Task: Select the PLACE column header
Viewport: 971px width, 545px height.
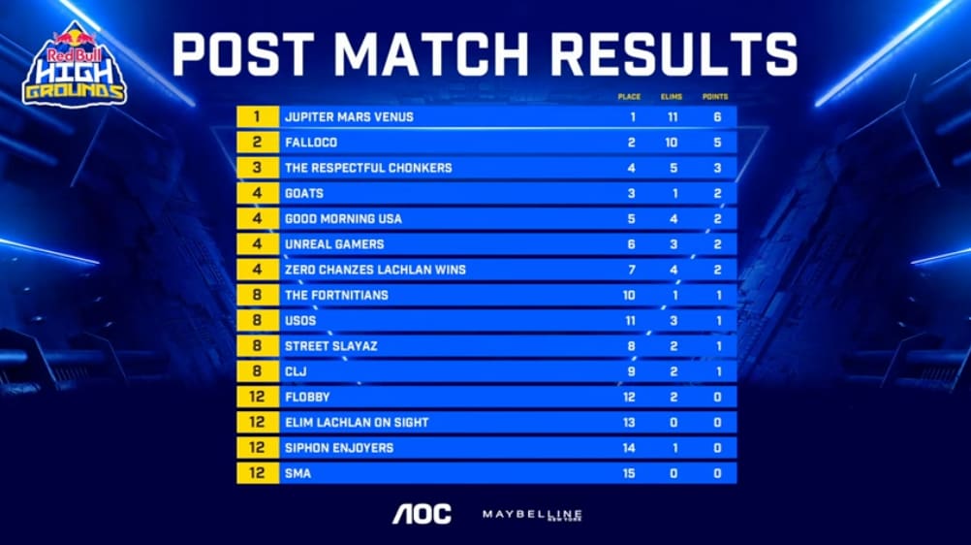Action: (x=630, y=97)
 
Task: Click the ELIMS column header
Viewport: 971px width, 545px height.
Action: (x=672, y=97)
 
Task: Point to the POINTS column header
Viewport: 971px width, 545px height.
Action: (x=716, y=97)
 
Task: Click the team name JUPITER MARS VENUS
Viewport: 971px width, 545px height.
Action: (x=349, y=117)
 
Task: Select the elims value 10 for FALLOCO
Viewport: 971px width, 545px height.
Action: (x=672, y=143)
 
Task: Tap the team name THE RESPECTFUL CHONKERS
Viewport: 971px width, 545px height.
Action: (x=368, y=168)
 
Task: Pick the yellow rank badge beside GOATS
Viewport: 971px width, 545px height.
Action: (x=258, y=193)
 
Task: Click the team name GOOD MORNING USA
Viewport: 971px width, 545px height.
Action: (x=343, y=219)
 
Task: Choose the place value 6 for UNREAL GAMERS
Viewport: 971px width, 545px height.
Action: (x=631, y=244)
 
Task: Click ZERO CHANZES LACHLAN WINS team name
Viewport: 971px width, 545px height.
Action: (x=375, y=270)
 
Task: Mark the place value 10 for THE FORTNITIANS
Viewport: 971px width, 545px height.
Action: (x=631, y=295)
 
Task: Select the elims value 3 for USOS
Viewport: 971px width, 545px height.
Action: (x=672, y=321)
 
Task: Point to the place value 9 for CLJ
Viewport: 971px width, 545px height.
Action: (x=631, y=371)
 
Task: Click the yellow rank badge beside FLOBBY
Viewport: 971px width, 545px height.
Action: (x=258, y=397)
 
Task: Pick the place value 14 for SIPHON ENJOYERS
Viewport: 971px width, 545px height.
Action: (x=631, y=448)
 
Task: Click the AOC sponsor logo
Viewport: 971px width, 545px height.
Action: (x=422, y=514)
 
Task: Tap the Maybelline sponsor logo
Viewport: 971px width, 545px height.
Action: (x=532, y=514)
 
